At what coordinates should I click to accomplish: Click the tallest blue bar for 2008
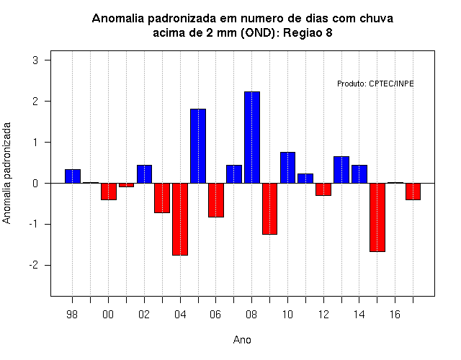click(252, 138)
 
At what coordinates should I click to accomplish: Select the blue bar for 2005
click(198, 146)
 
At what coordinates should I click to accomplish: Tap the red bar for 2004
click(180, 219)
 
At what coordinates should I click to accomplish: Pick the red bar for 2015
click(377, 217)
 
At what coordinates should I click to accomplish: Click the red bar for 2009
click(270, 209)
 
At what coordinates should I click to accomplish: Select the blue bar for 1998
click(73, 176)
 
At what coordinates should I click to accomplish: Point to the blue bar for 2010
click(288, 168)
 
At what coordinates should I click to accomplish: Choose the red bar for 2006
click(216, 200)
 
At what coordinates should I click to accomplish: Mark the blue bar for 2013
click(341, 170)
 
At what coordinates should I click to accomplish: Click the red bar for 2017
click(413, 192)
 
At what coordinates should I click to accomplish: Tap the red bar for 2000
click(109, 192)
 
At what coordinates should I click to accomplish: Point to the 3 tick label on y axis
click(35, 60)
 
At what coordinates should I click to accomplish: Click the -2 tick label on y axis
click(34, 265)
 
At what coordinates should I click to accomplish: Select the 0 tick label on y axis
click(35, 184)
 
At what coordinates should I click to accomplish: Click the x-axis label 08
click(251, 315)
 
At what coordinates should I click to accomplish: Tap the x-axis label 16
click(395, 315)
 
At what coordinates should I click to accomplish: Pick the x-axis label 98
click(72, 315)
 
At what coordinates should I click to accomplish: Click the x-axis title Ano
click(242, 340)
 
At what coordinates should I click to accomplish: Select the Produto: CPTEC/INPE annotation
click(375, 84)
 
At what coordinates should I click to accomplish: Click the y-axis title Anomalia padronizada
click(6, 173)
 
